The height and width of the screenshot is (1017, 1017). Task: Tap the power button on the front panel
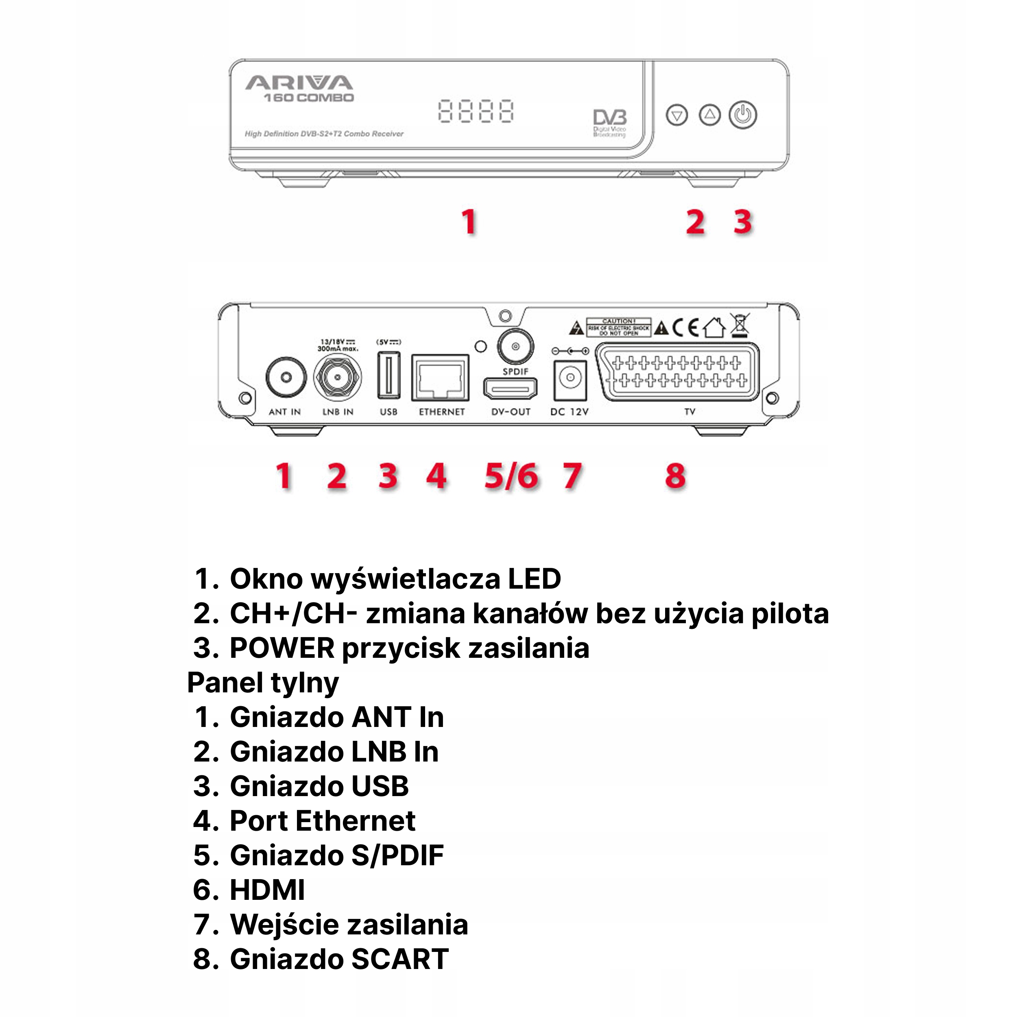[742, 115]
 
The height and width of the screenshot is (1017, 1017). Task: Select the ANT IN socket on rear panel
[286, 378]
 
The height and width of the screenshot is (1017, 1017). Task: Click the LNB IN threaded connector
[337, 378]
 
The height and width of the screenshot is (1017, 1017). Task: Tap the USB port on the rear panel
[388, 376]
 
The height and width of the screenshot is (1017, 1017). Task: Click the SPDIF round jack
[515, 346]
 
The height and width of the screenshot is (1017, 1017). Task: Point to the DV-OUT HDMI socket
[510, 389]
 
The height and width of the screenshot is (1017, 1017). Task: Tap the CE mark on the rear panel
[685, 328]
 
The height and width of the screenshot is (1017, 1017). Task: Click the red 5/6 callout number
[511, 476]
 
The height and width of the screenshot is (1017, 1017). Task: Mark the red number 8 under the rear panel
[675, 476]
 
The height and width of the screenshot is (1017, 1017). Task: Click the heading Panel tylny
[263, 683]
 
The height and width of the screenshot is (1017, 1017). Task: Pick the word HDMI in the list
[267, 890]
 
